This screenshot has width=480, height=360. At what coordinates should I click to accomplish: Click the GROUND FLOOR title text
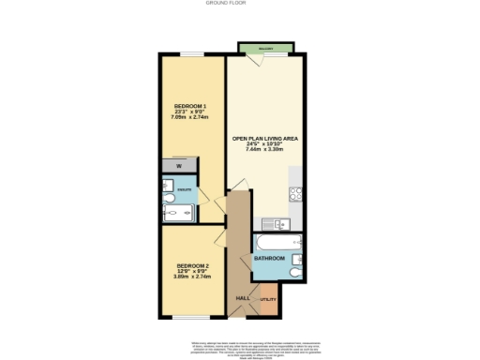pos(239,3)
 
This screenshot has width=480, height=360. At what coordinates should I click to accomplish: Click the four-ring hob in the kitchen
pos(296,195)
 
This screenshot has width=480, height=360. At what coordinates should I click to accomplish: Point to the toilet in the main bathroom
pos(296,273)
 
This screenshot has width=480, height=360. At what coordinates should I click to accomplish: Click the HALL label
pos(242,297)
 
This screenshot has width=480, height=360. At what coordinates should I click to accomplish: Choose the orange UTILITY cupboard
pos(269,298)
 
